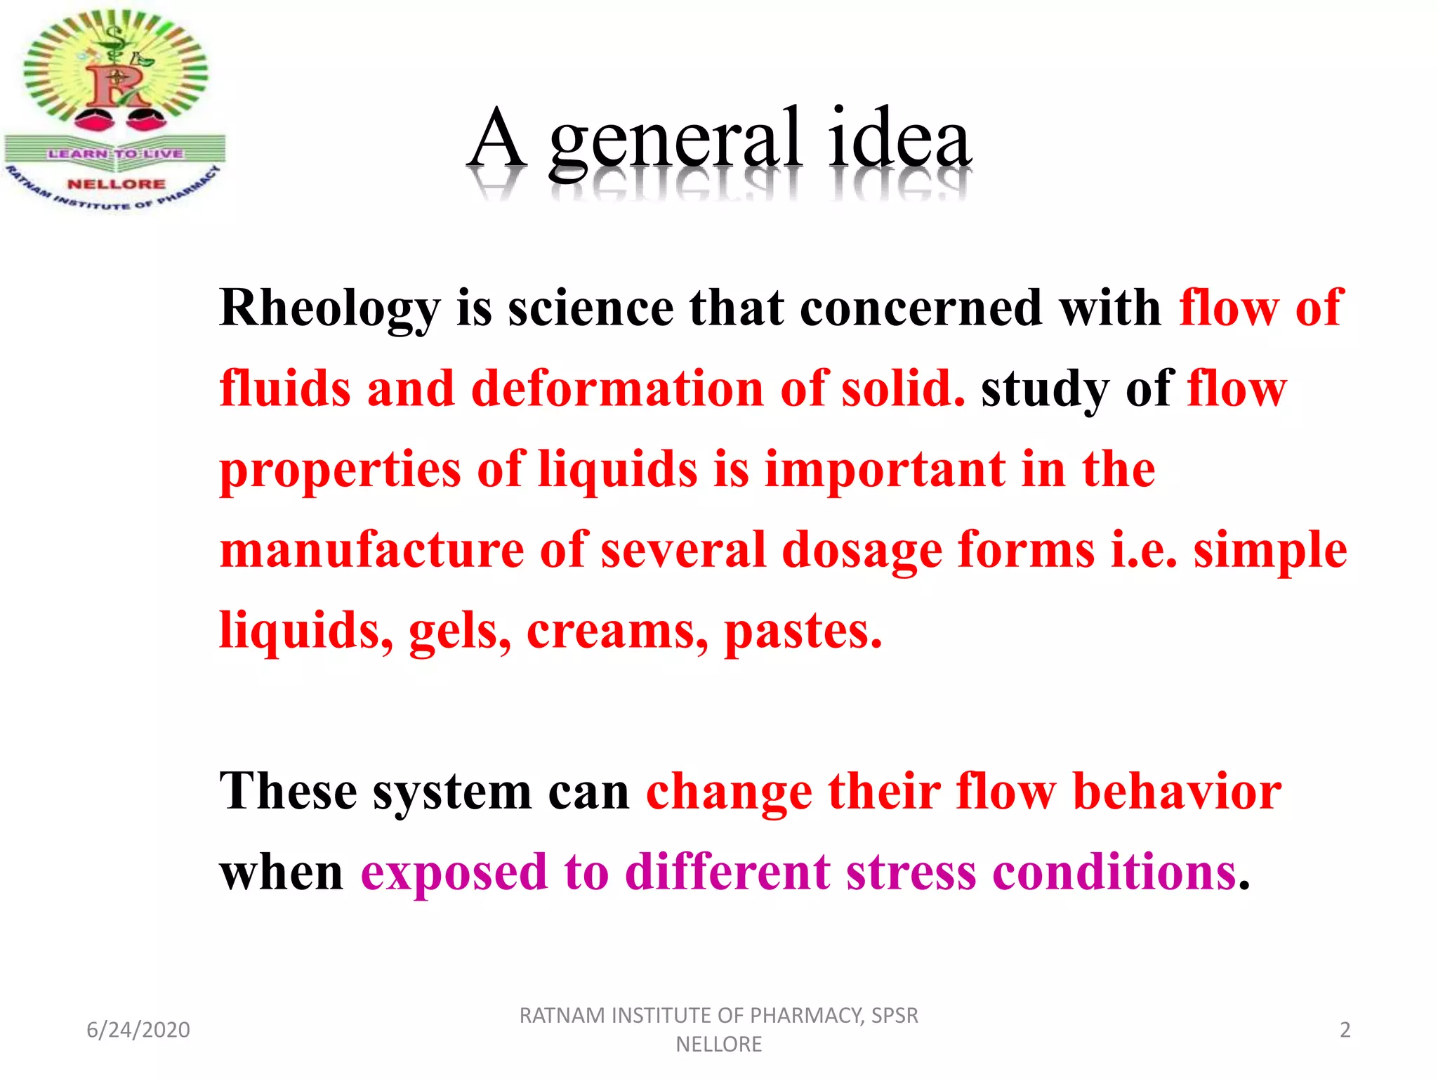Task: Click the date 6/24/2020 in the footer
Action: pos(138,1030)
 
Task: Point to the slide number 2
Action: pos(1345,1030)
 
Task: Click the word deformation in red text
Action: pos(617,388)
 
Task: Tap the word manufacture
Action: pos(371,550)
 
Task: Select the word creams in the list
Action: pos(616,631)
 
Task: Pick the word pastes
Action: pos(803,631)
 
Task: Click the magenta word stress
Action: pos(911,872)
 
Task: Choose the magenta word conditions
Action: pos(1114,872)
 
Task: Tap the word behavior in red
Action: pos(1177,792)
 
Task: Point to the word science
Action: pos(591,309)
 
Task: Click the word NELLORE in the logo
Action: pos(117,184)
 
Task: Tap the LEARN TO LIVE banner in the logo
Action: pos(116,153)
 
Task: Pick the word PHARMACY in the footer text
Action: pos(807,1016)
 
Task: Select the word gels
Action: pos(459,631)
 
